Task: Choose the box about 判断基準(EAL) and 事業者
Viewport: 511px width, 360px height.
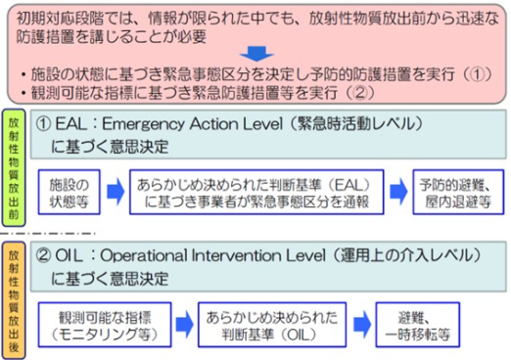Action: click(x=254, y=192)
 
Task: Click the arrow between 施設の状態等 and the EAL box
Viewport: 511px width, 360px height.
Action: click(x=116, y=192)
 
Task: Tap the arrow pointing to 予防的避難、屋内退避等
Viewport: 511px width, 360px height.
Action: click(x=398, y=192)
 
